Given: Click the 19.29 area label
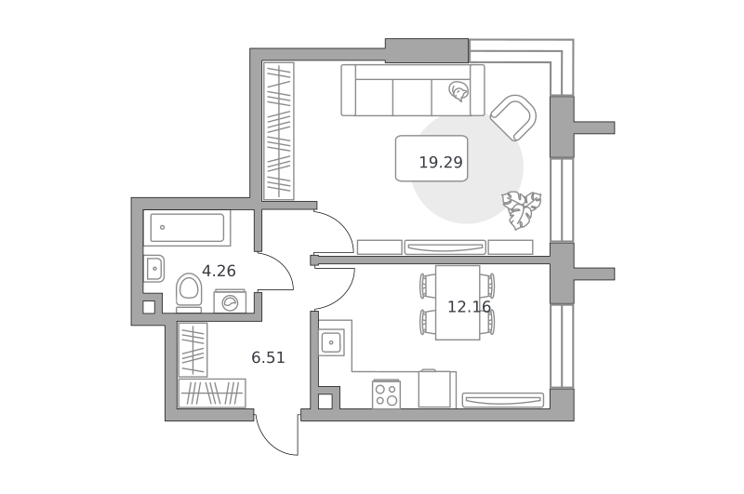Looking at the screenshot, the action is pos(440,163).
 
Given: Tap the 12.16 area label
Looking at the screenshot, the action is pos(469,307).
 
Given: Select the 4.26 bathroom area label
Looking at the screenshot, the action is pos(219,271).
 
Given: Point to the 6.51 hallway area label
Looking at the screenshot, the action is pos(268,357).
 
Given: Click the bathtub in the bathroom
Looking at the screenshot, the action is pos(187,228).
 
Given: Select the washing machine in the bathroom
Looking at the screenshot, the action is pos(230,301).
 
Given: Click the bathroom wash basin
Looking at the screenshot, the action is pos(153,269).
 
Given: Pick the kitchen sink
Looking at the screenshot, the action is pos(331,341).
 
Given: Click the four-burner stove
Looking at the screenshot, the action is pos(386,394).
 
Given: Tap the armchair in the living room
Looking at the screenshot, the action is pos(513,118).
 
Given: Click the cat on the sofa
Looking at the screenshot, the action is pos(458,91).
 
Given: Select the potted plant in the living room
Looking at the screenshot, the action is pos(522,209).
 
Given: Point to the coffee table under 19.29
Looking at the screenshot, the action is pos(432,158).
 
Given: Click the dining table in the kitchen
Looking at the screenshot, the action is pos(458,302).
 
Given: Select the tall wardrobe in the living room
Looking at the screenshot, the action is pos(278,131).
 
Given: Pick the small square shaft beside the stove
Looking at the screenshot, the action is pos(325,402).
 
